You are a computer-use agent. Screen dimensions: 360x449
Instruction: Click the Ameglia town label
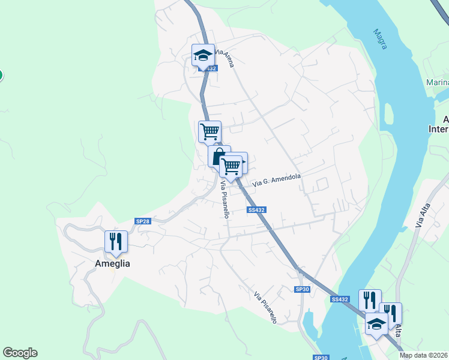(112, 263)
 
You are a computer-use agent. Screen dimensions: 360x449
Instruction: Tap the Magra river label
(379, 40)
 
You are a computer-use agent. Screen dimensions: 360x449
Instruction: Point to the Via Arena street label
(224, 58)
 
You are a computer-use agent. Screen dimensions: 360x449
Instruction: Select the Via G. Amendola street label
(276, 179)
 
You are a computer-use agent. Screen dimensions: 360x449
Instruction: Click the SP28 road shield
(142, 221)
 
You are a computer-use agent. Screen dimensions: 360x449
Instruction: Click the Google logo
(20, 353)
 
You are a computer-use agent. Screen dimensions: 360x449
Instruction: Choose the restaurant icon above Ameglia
(116, 241)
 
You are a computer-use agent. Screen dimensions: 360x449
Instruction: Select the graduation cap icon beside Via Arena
(203, 55)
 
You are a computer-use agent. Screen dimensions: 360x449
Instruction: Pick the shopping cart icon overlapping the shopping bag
(231, 165)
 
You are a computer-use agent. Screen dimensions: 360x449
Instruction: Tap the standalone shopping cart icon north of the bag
(209, 131)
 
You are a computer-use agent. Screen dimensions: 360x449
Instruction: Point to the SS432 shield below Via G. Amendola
(256, 209)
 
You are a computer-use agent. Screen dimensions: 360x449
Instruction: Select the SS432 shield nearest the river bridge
(339, 299)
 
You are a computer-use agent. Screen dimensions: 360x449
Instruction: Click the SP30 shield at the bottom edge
(321, 357)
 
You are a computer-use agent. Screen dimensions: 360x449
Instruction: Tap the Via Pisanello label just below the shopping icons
(224, 199)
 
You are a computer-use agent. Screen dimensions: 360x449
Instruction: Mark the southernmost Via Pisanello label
(265, 308)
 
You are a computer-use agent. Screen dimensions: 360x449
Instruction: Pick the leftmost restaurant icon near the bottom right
(370, 300)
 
